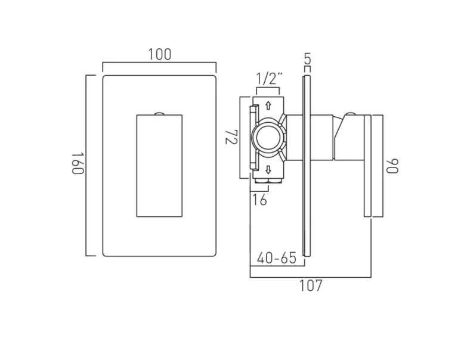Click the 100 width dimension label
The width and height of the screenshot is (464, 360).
coord(159,55)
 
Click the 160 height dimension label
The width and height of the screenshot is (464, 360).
coord(77,165)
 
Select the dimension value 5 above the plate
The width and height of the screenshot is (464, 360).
coord(307,59)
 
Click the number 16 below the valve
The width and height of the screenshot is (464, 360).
coord(259,200)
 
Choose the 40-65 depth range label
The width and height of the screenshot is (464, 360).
coord(276,258)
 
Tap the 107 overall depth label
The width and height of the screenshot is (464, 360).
coord(310,286)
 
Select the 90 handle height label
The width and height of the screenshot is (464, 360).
coord(392,165)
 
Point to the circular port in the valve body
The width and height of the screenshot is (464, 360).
coord(268,137)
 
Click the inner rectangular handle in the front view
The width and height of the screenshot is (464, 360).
coord(159,165)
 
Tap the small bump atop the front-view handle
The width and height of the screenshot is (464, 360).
coord(159,112)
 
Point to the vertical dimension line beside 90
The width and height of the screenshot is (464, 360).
coord(382,165)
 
